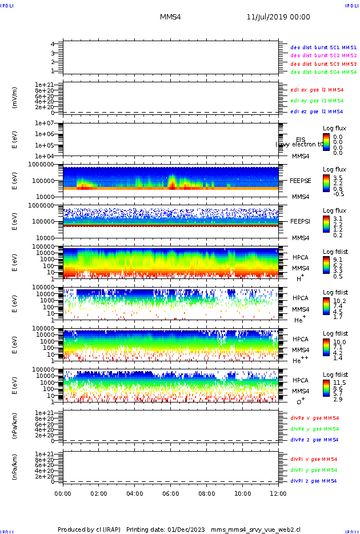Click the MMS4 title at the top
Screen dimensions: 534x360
pyautogui.click(x=170, y=17)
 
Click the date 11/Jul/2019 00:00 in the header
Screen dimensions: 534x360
pyautogui.click(x=278, y=17)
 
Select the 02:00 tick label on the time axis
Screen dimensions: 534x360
pyautogui.click(x=99, y=493)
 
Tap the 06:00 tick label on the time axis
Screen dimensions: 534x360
pyautogui.click(x=171, y=493)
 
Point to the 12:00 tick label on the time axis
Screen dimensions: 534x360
pyautogui.click(x=278, y=493)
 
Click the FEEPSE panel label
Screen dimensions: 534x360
pyautogui.click(x=300, y=181)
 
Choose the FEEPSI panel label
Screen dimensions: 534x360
pyautogui.click(x=300, y=221)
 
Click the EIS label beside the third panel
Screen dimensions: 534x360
pyautogui.click(x=301, y=140)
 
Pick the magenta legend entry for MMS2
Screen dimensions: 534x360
pyautogui.click(x=323, y=55)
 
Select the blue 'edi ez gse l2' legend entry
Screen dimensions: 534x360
pyautogui.click(x=317, y=111)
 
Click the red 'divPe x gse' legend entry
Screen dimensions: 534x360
pyautogui.click(x=314, y=418)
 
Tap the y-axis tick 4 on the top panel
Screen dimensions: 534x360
pyautogui.click(x=52, y=44)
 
